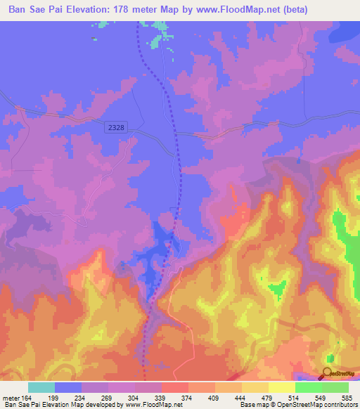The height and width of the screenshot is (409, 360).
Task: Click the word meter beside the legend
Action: pyautogui.click(x=11, y=398)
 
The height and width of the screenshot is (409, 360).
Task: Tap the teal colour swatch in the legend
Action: pyautogui.click(x=41, y=387)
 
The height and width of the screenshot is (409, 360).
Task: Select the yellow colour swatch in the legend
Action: pyautogui.click(x=255, y=387)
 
